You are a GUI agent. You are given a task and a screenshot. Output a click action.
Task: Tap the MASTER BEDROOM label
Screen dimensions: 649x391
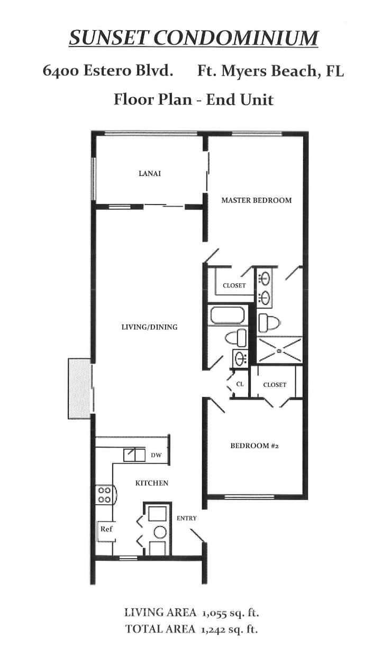(256, 200)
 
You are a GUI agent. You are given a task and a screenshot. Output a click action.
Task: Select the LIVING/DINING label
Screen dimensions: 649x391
(150, 327)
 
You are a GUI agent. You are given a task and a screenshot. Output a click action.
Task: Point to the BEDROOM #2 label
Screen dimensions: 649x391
(254, 446)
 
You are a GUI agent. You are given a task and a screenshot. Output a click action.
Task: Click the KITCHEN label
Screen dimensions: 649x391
(152, 483)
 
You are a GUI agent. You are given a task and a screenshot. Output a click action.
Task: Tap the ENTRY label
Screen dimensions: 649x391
(186, 518)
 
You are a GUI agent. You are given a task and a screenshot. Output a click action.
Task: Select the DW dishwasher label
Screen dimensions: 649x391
(156, 455)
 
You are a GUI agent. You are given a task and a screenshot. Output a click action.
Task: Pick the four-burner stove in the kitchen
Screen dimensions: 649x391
(104, 495)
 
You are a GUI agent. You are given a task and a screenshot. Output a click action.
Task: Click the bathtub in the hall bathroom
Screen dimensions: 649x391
(226, 316)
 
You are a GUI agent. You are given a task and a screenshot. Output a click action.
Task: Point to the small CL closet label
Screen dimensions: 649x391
(240, 384)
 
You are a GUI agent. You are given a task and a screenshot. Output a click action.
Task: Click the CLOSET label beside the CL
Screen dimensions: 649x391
(275, 385)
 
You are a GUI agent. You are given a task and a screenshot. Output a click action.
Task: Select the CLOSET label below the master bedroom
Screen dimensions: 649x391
(234, 285)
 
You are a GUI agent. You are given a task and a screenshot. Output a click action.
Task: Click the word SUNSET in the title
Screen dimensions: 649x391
(102, 38)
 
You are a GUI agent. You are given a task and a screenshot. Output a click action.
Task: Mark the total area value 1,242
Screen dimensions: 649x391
(217, 629)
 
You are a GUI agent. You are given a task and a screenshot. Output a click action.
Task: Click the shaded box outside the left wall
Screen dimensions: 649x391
(79, 388)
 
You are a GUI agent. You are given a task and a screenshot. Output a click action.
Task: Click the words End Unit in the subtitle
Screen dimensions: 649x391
(240, 99)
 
